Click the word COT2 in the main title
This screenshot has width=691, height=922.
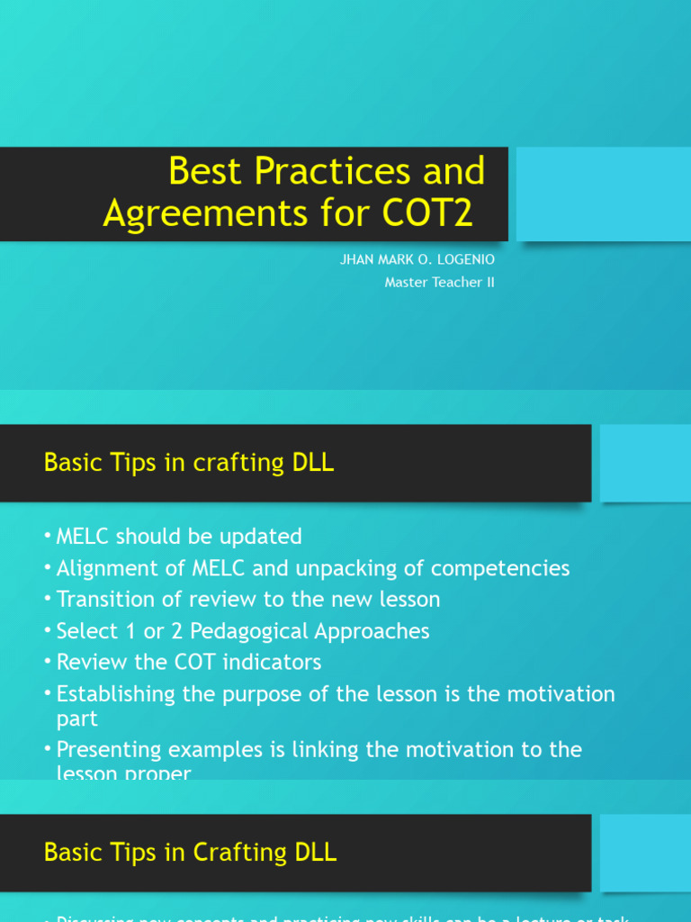[x=428, y=213]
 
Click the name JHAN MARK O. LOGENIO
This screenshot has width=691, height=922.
[x=417, y=259]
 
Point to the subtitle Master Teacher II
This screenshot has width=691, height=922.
[x=439, y=282]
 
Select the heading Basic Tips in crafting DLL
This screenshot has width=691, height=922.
[x=189, y=463]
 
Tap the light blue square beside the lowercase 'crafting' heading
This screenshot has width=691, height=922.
[x=644, y=463]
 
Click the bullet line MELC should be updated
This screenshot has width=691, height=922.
[x=179, y=537]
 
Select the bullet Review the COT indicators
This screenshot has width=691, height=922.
[x=189, y=663]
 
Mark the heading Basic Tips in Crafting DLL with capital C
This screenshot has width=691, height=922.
[x=191, y=853]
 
